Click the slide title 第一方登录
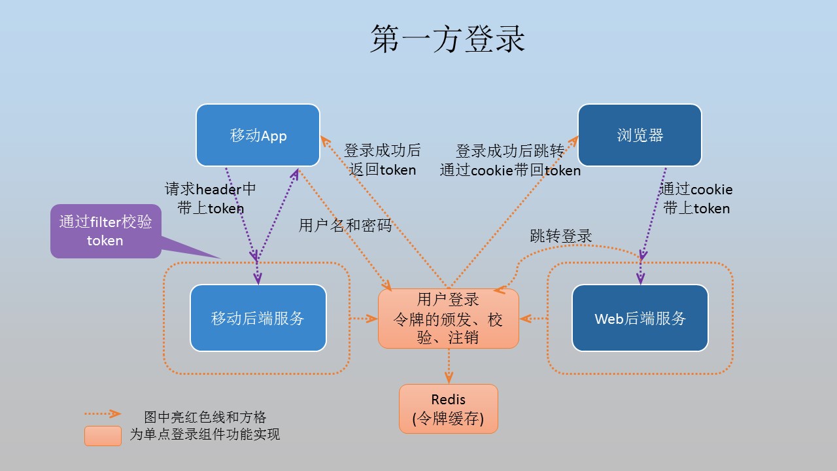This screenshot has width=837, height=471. pos(448,39)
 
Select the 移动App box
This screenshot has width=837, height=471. pos(258,135)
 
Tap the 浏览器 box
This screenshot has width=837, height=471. pos(640,135)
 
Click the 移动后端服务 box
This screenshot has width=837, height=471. pos(258,318)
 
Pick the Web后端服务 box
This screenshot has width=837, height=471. pos(640,318)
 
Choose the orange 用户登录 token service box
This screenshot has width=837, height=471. pos(449,319)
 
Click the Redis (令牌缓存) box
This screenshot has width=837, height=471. pos(449,409)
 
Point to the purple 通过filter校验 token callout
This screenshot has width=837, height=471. pos(106,231)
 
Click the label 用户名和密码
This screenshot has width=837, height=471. pos(345,226)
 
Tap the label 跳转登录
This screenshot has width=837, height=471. pos(561,236)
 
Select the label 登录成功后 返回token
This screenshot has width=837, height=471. pos(383,160)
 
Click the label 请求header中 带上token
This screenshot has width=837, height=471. pos(211,198)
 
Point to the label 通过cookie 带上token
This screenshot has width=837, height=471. pos(696,198)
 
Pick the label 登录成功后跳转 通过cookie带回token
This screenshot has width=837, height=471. pos(510,161)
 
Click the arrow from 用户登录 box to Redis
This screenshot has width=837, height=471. pos(449,366)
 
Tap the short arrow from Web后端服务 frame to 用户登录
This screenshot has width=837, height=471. pos(534,319)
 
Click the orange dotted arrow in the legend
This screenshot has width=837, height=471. pos(103,413)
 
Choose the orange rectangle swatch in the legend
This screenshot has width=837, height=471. pos(103,436)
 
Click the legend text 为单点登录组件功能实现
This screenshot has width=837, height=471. pos(205,434)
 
